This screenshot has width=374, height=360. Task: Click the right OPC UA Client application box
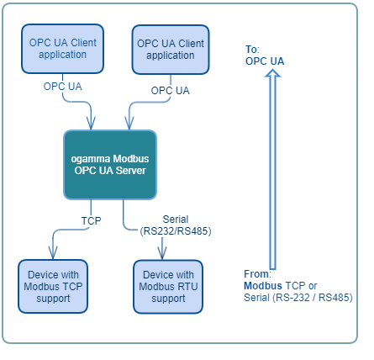coord(170,50)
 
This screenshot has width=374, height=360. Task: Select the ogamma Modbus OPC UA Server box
coord(110,165)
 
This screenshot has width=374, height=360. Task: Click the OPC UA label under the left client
coord(63,86)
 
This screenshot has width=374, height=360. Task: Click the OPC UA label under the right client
coord(170,90)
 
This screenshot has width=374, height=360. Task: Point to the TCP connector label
coord(91,220)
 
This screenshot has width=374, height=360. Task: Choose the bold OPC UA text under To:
coord(265,61)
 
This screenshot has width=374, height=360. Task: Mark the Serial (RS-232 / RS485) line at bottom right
coord(298,297)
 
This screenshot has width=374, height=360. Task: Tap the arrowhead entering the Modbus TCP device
coord(52,253)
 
